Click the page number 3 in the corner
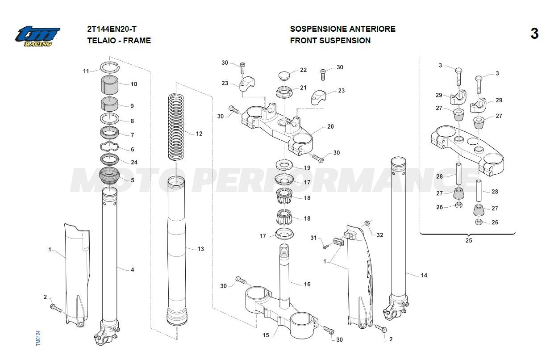click(534, 34)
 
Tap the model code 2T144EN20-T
click(112, 29)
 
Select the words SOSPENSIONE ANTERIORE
click(342, 29)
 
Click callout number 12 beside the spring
click(199, 134)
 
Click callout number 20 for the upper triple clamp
click(330, 127)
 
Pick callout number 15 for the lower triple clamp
click(266, 335)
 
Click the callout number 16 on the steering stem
click(307, 285)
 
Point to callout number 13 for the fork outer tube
click(200, 249)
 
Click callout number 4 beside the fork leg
click(132, 270)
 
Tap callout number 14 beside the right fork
click(424, 275)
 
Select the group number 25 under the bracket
click(468, 241)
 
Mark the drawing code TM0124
click(38, 338)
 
